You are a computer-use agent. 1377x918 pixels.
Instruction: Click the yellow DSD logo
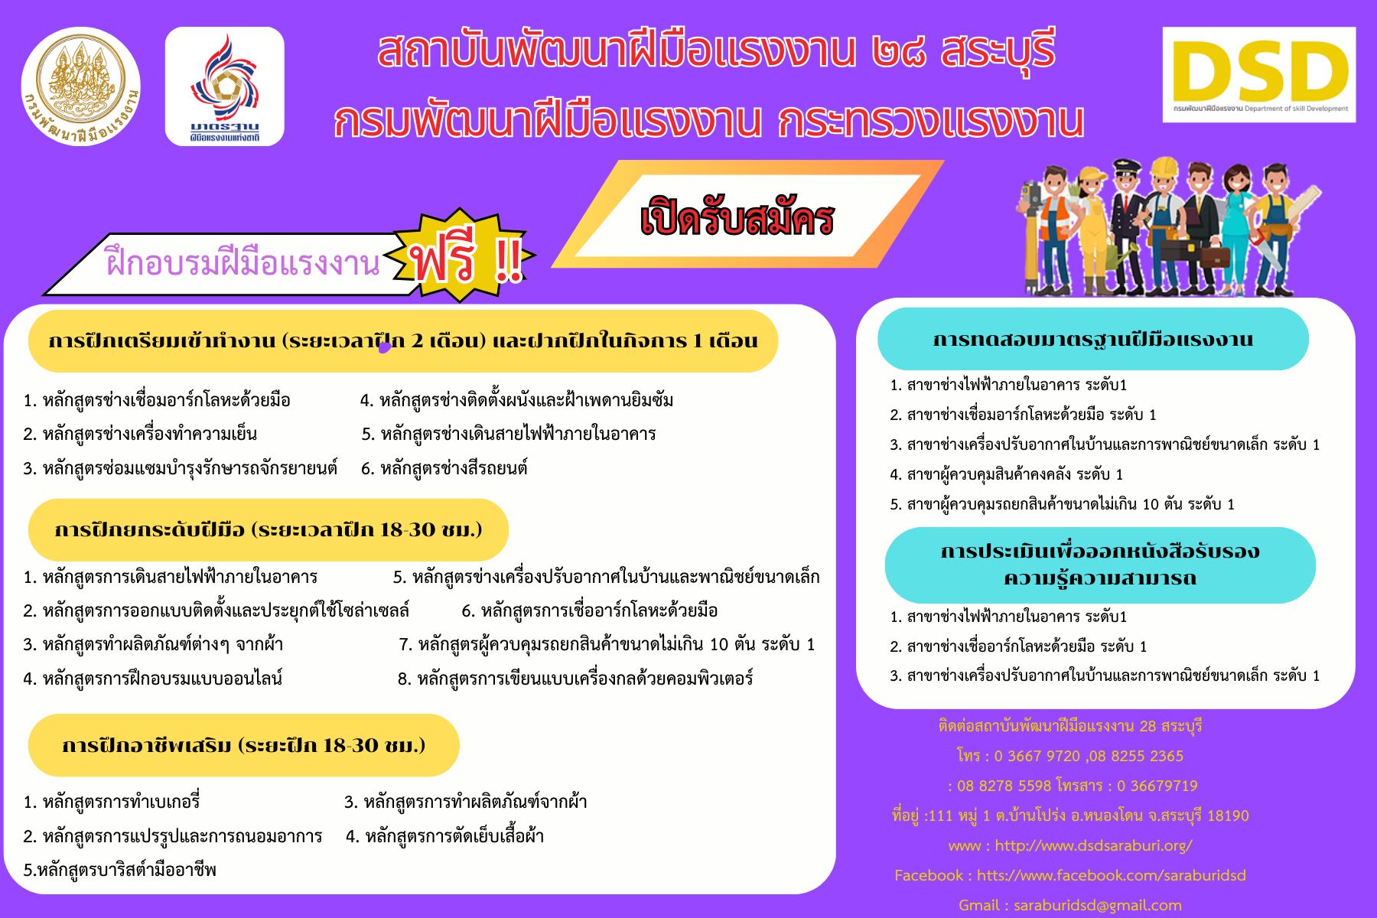pyautogui.click(x=1258, y=74)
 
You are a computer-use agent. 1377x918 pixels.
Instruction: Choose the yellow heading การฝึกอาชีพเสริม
pyautogui.click(x=243, y=745)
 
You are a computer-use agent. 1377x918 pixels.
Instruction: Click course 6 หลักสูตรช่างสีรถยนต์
pyautogui.click(x=444, y=468)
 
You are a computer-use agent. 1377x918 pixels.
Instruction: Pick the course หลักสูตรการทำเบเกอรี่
pyautogui.click(x=112, y=802)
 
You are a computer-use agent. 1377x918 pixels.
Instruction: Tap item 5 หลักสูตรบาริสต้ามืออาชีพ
pyautogui.click(x=120, y=870)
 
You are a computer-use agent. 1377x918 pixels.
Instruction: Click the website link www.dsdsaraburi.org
pyautogui.click(x=1070, y=845)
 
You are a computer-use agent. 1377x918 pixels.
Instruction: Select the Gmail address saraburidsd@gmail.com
pyautogui.click(x=1070, y=905)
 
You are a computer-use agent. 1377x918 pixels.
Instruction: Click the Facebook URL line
pyautogui.click(x=1070, y=875)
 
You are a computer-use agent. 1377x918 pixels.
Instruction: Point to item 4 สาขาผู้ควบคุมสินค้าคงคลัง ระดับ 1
pyautogui.click(x=1007, y=474)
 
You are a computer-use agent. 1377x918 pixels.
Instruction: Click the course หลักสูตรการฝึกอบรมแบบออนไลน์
pyautogui.click(x=153, y=678)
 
